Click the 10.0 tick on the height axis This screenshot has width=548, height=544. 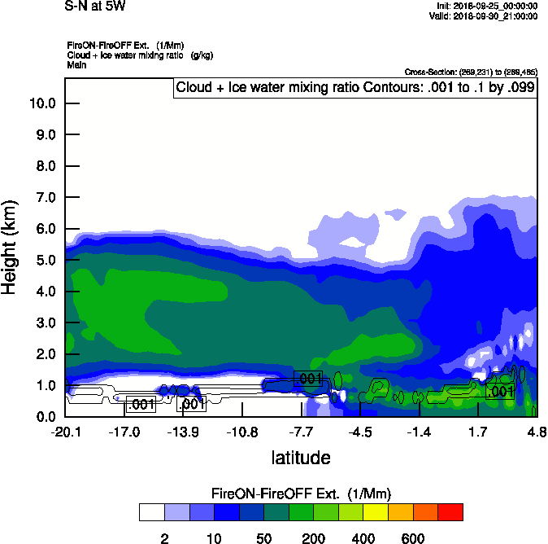(41, 103)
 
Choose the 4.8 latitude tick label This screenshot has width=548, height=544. (536, 432)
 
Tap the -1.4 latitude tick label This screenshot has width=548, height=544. (419, 432)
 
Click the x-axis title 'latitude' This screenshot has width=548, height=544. (300, 458)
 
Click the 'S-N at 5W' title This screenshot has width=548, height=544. (95, 7)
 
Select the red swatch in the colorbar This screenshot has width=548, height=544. (450, 512)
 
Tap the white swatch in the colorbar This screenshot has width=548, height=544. (151, 512)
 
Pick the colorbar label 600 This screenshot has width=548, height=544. (413, 538)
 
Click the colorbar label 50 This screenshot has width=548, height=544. (263, 538)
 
